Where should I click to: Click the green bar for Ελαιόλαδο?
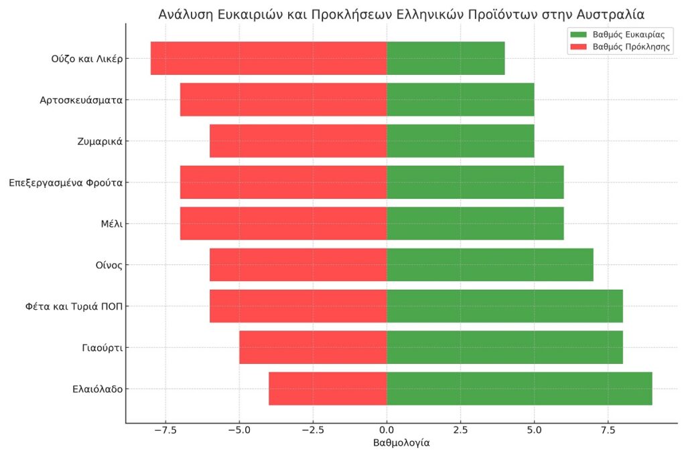[x=519, y=389]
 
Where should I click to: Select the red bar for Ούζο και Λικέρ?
[x=269, y=58]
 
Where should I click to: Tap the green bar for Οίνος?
[x=490, y=265]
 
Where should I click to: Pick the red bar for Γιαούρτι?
[x=313, y=347]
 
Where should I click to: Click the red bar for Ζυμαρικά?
[x=298, y=141]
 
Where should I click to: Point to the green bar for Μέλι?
[x=475, y=223]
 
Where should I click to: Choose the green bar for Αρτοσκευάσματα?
[x=460, y=100]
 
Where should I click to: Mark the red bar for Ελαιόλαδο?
[x=328, y=389]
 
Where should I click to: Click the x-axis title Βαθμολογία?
[x=401, y=443]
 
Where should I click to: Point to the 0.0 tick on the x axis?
[x=387, y=429]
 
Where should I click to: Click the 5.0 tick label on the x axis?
[x=534, y=429]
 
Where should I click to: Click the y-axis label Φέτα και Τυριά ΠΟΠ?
[x=72, y=306]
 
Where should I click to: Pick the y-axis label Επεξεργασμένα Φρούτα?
[x=66, y=182]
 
